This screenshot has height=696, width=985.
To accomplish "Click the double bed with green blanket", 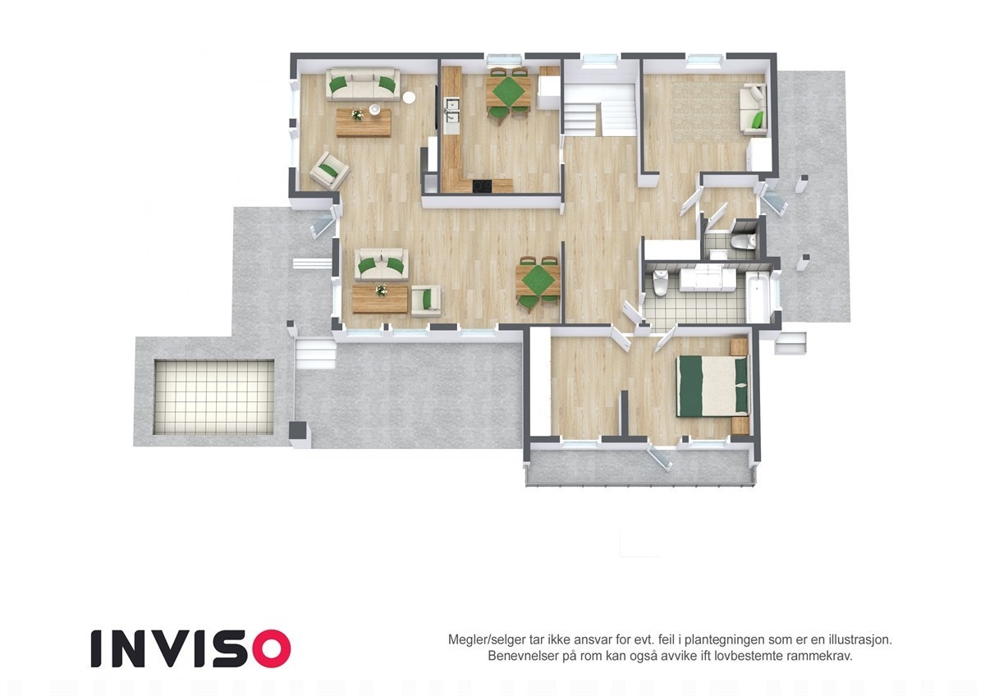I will pyautogui.click(x=712, y=385).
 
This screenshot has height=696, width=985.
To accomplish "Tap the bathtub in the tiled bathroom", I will pyautogui.click(x=758, y=298).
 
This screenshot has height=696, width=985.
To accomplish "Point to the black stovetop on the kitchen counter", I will pyautogui.click(x=483, y=186).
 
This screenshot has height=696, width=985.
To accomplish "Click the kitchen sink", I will pyautogui.click(x=451, y=105).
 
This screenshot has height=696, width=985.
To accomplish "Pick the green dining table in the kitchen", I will pyautogui.click(x=507, y=89).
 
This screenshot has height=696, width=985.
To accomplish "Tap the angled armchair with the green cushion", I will pyautogui.click(x=329, y=171).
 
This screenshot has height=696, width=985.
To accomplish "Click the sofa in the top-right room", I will pyautogui.click(x=754, y=109).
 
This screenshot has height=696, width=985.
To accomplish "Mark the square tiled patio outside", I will pyautogui.click(x=213, y=396).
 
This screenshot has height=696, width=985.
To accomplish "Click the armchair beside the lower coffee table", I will pyautogui.click(x=426, y=300).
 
